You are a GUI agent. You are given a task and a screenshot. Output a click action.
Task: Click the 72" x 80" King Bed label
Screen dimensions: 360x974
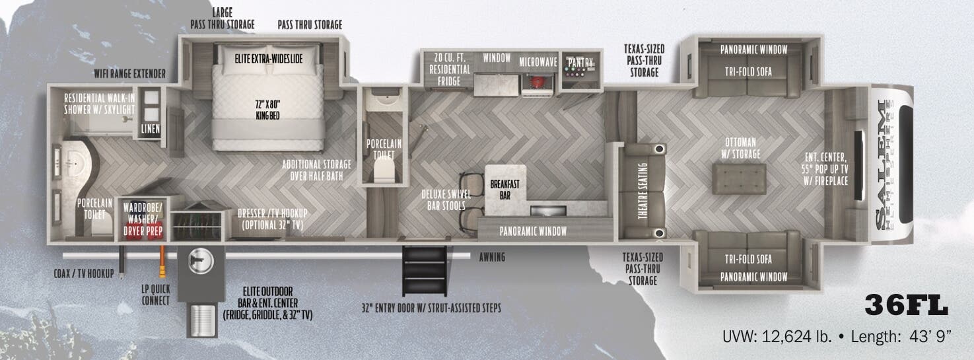267,110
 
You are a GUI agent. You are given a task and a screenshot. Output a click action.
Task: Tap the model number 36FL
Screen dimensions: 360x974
906,306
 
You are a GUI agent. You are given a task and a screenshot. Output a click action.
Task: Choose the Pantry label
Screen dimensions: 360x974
580,63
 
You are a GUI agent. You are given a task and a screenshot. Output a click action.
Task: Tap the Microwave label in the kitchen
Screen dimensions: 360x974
538,61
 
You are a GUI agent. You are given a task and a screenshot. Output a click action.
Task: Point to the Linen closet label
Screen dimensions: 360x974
150,129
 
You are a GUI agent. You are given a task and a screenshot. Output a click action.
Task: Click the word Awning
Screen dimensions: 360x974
492,257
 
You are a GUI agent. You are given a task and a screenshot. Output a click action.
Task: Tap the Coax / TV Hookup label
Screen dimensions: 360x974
83,273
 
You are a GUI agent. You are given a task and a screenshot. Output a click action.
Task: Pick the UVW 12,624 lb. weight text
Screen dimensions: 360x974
777,337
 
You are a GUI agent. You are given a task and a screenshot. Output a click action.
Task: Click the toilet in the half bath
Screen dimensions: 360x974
384,172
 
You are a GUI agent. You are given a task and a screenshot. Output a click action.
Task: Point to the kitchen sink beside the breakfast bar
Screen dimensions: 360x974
547,211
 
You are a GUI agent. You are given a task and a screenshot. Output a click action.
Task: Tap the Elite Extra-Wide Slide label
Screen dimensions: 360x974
269,58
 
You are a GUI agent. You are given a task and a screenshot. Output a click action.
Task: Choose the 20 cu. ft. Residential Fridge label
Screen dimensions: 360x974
450,69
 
